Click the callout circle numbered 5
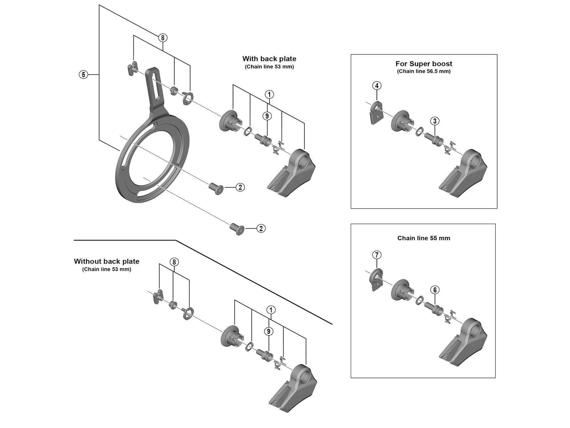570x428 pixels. point(83,75)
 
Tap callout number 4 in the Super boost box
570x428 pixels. point(377,86)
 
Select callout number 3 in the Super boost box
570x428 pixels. point(435,121)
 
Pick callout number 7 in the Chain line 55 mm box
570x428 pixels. point(377,255)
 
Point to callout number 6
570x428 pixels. point(435,290)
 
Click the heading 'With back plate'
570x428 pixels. point(269,59)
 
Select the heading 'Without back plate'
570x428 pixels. point(107,261)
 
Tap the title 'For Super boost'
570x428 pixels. point(424,64)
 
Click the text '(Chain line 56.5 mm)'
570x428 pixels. point(424,71)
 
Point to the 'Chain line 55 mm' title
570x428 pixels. point(424,238)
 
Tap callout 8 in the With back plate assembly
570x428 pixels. point(162,37)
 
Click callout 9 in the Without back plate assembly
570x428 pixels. point(269,331)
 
